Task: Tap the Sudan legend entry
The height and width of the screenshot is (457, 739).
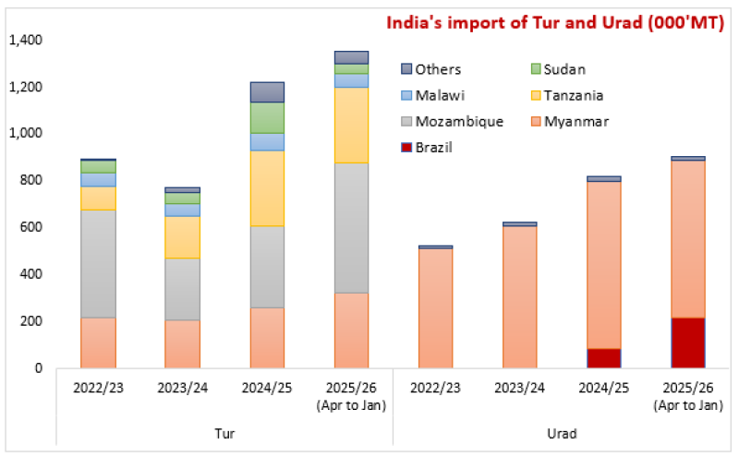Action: [x=564, y=69]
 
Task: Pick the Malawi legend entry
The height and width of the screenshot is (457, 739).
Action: [x=437, y=95]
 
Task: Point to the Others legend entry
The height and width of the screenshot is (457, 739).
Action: [x=438, y=69]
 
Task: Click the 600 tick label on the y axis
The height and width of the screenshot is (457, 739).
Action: [x=31, y=227]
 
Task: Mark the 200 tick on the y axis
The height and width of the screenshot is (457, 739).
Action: [x=31, y=321]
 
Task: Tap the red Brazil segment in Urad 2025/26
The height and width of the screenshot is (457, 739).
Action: [x=687, y=343]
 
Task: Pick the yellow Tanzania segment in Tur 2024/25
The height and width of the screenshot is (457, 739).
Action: [x=268, y=188]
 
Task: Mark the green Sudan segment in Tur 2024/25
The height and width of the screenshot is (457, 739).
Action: [x=268, y=117]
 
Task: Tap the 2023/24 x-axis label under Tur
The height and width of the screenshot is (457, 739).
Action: [x=182, y=387]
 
